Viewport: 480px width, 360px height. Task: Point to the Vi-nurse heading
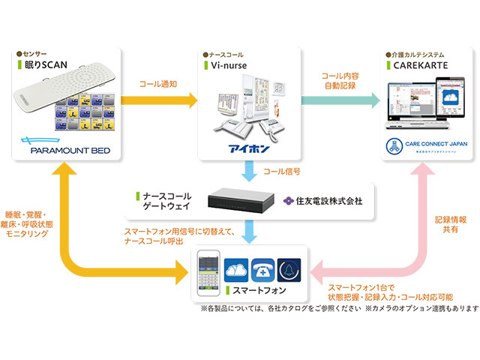click(226, 66)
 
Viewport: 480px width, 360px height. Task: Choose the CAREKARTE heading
click(417, 66)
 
